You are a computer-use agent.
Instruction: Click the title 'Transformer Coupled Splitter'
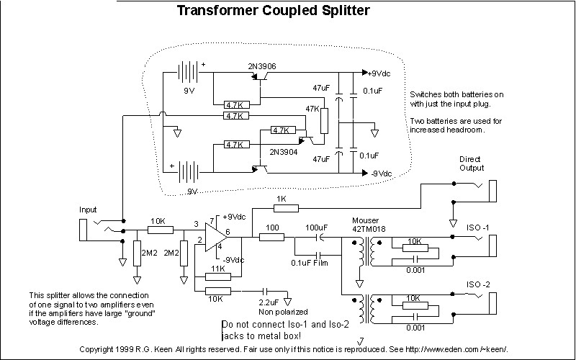(x=274, y=10)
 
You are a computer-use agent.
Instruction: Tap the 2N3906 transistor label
(x=262, y=66)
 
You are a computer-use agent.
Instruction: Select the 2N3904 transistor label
(x=283, y=151)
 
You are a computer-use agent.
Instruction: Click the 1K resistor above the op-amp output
(x=286, y=208)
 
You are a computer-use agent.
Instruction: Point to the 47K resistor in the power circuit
(x=324, y=120)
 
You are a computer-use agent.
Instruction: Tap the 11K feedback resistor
(x=218, y=276)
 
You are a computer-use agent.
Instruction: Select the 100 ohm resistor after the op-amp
(x=272, y=238)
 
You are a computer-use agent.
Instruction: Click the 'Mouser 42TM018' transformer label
(x=369, y=225)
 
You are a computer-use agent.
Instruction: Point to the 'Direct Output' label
(x=472, y=163)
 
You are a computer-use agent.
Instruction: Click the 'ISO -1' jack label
(x=478, y=228)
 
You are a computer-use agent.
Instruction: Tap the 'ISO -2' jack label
(x=478, y=284)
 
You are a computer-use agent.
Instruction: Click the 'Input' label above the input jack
(x=88, y=210)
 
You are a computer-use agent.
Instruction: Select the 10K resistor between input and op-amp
(x=161, y=230)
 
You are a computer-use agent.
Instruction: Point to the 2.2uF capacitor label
(x=269, y=302)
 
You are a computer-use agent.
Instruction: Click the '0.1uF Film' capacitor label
(x=310, y=263)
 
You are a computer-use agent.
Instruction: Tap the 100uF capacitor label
(x=317, y=228)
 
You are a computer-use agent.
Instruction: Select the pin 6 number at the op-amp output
(x=228, y=232)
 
